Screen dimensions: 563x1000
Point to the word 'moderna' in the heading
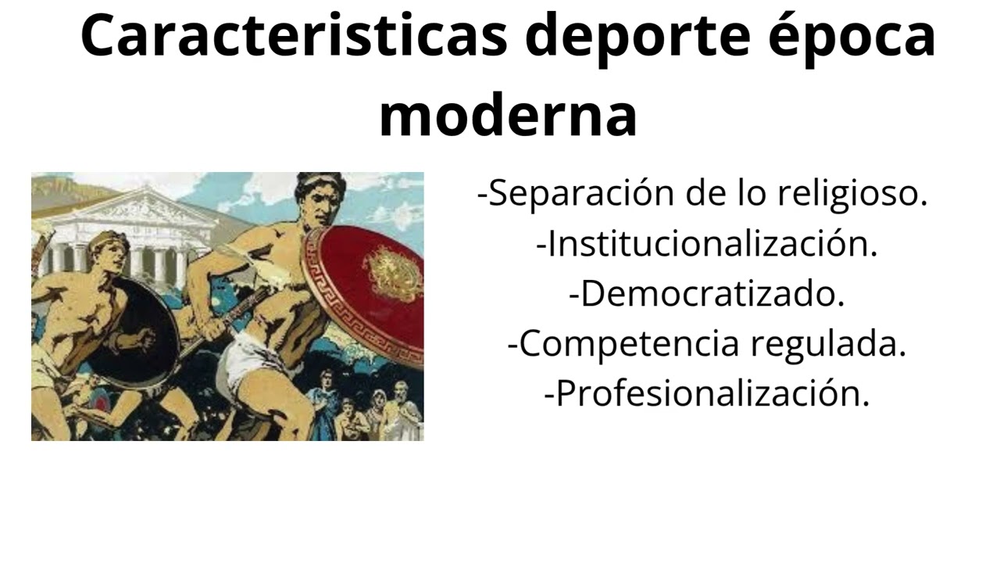[508, 116]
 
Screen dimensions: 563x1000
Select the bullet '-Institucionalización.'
[707, 244]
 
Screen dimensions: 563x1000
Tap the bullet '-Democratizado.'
[707, 294]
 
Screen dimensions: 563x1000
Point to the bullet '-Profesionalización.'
[707, 394]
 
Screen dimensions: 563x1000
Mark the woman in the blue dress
[323, 399]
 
